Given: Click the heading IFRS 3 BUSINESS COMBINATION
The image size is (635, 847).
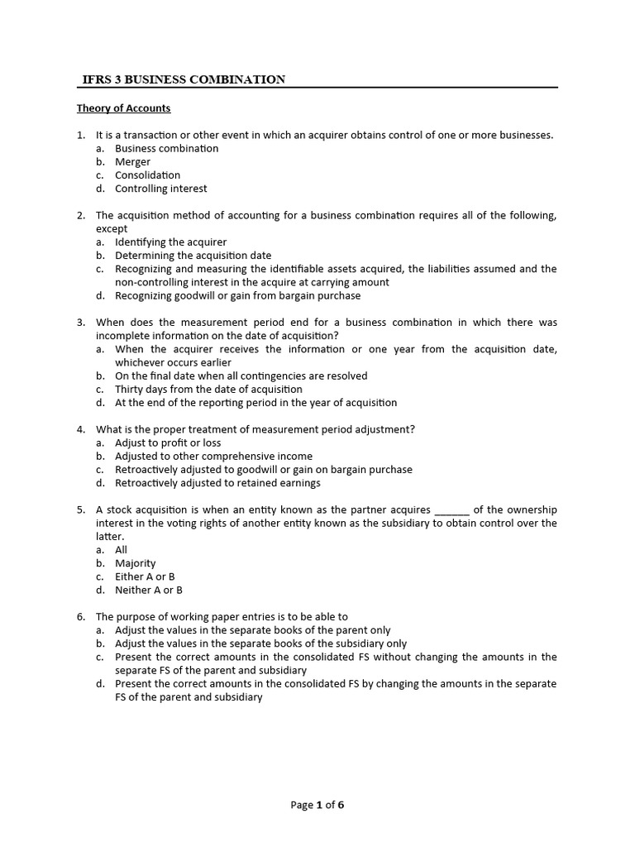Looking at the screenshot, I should pos(184,79).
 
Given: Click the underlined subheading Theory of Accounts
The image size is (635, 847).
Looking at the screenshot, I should pos(123,108).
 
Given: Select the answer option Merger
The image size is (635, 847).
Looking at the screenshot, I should pos(132,162).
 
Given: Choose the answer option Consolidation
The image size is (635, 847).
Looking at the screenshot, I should pos(147,175).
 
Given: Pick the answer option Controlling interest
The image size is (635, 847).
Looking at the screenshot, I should pos(160,189).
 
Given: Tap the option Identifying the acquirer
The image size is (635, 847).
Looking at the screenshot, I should pos(170,242).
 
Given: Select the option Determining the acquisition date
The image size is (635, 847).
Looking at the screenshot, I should pos(193,256).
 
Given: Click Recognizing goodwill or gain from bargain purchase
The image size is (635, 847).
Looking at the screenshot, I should pos(237,295).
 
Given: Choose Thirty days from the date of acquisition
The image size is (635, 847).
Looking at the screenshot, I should pos(208,389).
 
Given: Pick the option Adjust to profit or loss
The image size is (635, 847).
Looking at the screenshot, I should pos(168,443).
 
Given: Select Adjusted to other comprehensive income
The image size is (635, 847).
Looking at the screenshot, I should pos(213,456).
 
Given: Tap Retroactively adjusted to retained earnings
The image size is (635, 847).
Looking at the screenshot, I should pos(217,483).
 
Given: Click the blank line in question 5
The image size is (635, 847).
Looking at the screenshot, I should pos(451,510).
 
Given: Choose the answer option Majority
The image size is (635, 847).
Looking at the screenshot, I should pos(135,563).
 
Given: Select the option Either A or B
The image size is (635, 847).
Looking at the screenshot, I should pos(145,577).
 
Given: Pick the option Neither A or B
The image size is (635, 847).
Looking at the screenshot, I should pos(149,590).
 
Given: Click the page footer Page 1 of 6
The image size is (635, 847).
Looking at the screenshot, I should pos(317,805).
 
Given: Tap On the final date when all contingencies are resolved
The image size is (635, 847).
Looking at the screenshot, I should pos(241,376).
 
